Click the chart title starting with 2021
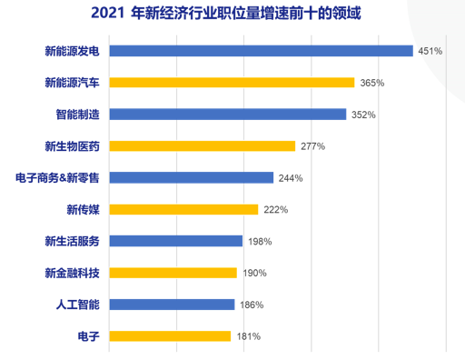tap(232, 15)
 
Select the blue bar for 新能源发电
tap(261, 51)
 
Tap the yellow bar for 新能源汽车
tap(232, 83)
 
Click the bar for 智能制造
tap(228, 115)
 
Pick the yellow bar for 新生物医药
tap(203, 146)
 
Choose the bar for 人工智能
tap(173, 305)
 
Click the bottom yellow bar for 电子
tap(170, 336)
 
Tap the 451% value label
tap(430, 52)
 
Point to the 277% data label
tap(312, 146)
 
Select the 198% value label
tap(259, 242)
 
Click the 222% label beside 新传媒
tap(276, 210)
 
